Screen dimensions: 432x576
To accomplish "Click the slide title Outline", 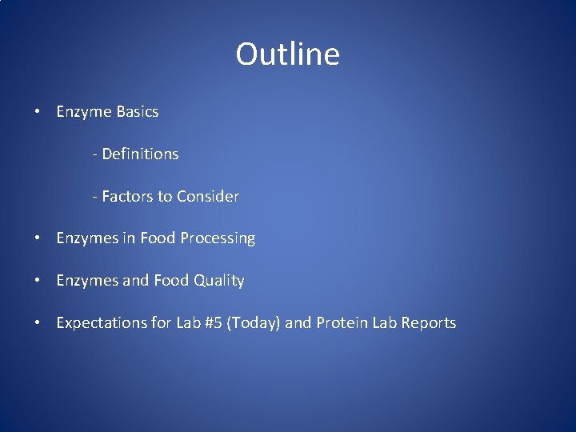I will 287,54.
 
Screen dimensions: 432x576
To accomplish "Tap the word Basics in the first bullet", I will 137,112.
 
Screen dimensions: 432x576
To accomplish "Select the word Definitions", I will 140,154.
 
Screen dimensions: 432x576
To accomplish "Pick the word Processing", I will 218,238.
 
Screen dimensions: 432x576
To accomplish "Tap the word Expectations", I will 101,323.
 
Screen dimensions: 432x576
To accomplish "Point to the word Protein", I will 342,323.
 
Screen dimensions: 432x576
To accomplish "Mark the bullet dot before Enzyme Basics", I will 38,112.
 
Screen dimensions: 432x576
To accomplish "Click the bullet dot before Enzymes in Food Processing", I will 38,238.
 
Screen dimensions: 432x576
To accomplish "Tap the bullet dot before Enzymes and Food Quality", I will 38,281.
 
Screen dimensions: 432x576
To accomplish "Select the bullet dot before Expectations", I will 38,323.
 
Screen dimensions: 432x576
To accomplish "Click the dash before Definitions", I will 94,154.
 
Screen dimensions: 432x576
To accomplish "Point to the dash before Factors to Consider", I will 94,197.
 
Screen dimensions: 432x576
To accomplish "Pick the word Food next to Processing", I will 158,238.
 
